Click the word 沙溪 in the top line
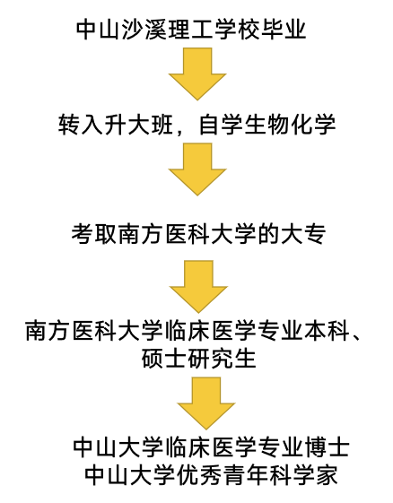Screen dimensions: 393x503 pos(144,30)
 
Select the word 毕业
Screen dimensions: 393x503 pos(284,30)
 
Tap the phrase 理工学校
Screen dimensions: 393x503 pos(214,30)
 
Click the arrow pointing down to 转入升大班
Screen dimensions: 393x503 pos(197,74)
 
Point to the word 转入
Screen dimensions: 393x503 pos(81,125)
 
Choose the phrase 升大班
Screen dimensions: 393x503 pos(139,125)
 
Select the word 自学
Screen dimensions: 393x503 pos(221,125)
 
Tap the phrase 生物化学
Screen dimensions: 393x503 pos(290,125)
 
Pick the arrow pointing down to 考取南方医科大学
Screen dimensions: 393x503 pos(197,169)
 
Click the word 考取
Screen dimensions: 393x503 pos(94,233)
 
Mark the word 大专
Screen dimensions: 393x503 pos(303,233)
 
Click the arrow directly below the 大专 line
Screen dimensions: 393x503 pos(198,286)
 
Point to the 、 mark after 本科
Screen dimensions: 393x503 pos(355,336)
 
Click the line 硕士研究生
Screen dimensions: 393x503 pos(199,358)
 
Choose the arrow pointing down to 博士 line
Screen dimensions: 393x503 pos(206,403)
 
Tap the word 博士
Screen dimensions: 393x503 pos(327,447)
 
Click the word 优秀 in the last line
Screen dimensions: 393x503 pos(199,474)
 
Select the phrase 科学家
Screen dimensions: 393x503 pos(303,474)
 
